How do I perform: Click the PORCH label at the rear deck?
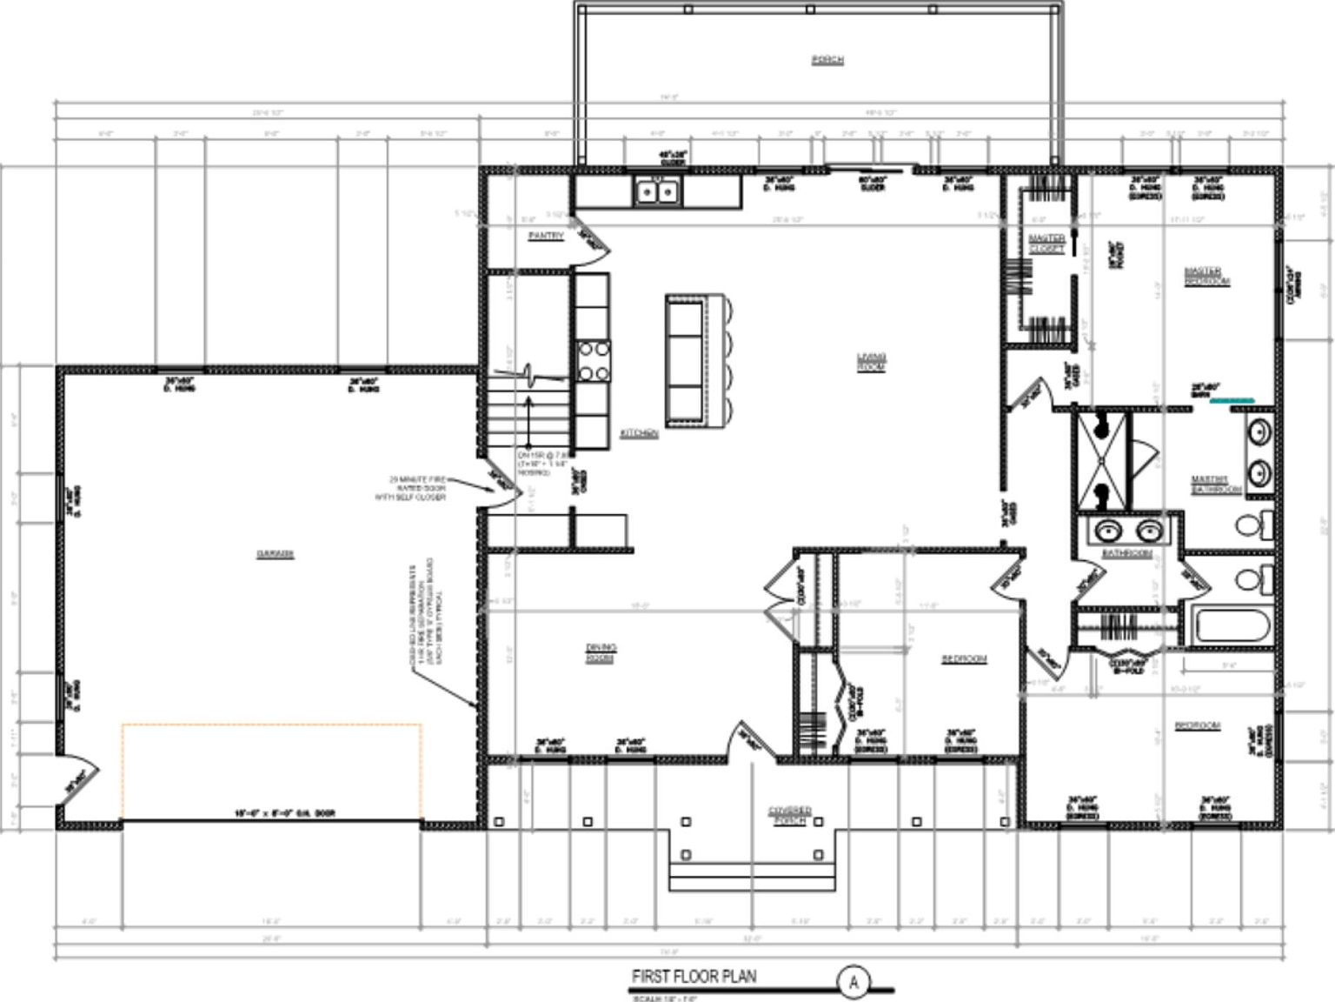point(827,60)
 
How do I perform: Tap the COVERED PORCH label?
point(790,815)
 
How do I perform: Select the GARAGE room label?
point(275,554)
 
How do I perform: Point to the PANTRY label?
point(546,236)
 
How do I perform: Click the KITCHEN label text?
point(639,433)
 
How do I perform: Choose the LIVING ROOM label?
point(871,362)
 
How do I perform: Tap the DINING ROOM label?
point(600,653)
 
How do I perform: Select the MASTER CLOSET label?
point(1046,244)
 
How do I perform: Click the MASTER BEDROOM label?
point(1207,277)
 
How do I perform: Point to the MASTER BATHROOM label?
point(1215,484)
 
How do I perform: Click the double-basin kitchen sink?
point(657,191)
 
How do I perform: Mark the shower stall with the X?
point(1102,462)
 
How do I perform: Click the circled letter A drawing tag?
point(853,982)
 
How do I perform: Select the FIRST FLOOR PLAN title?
point(694,976)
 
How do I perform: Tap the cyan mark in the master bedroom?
point(1232,400)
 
